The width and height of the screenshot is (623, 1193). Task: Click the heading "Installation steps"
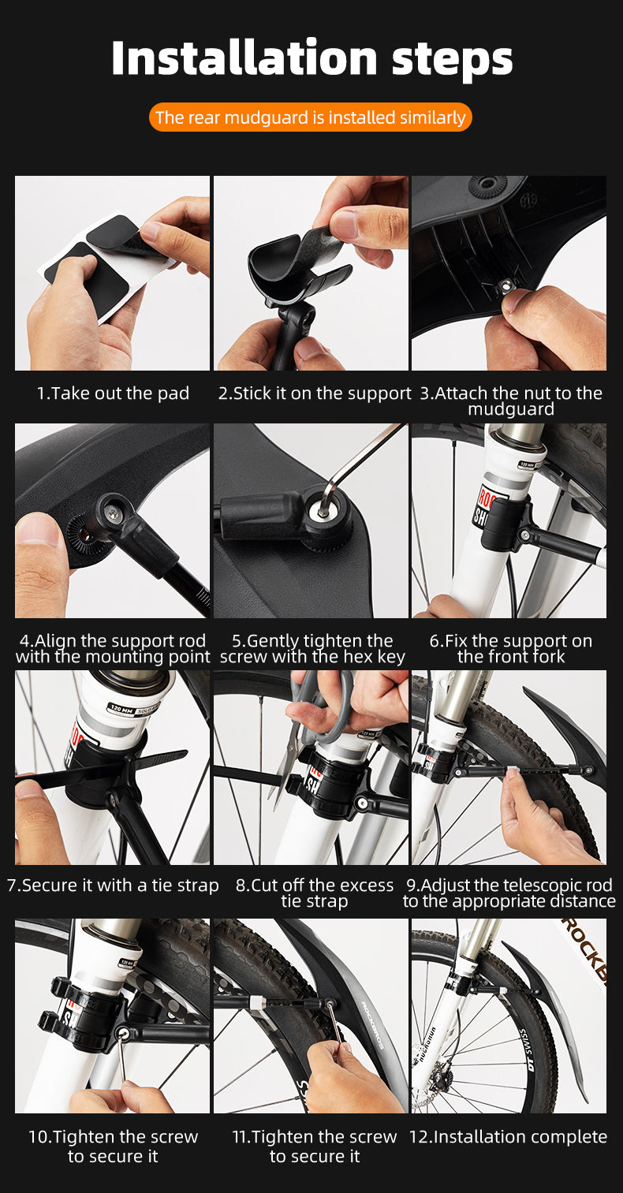click(x=311, y=58)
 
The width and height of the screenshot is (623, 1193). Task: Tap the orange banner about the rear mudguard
click(x=311, y=117)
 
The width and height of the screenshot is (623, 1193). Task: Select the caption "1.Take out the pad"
click(x=113, y=393)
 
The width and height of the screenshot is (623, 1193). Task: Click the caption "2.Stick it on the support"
click(x=315, y=393)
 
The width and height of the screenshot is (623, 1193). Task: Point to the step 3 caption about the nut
click(x=511, y=401)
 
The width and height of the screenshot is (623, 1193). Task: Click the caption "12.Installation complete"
click(x=508, y=1136)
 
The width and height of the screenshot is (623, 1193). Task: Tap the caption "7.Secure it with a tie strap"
click(x=113, y=885)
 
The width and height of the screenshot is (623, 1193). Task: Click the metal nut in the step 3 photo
click(x=504, y=288)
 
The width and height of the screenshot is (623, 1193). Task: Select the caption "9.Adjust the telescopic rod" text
click(x=509, y=885)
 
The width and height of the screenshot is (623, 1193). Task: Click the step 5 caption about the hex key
click(x=312, y=648)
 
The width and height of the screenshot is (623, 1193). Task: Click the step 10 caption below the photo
click(x=113, y=1146)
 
